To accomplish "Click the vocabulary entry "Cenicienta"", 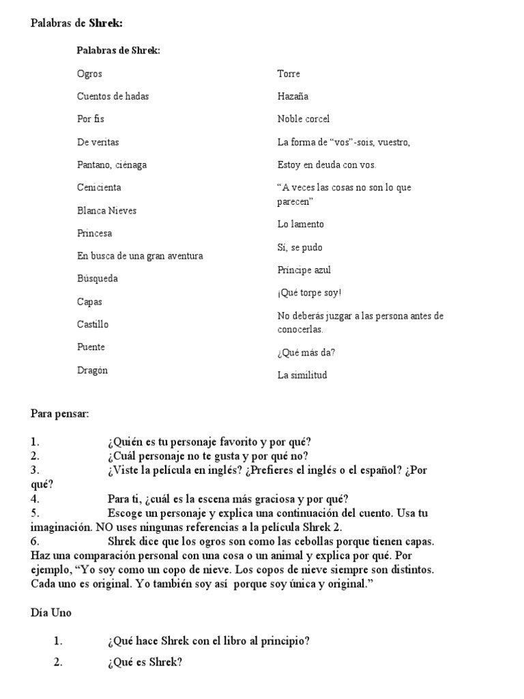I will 99,187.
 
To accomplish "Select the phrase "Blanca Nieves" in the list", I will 106,210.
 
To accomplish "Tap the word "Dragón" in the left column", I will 92,371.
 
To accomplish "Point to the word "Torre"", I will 289,74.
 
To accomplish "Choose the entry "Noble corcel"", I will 303,119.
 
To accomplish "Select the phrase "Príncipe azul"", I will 304,270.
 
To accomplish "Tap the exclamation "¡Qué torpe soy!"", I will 309,293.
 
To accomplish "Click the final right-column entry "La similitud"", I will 302,375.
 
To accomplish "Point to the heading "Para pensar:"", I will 59,414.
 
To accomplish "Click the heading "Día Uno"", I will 51,613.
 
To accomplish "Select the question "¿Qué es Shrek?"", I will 145,662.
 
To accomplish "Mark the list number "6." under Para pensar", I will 35,541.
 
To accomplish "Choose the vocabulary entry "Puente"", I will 91,347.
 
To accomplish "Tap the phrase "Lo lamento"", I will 301,224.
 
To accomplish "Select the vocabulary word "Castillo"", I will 92,324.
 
